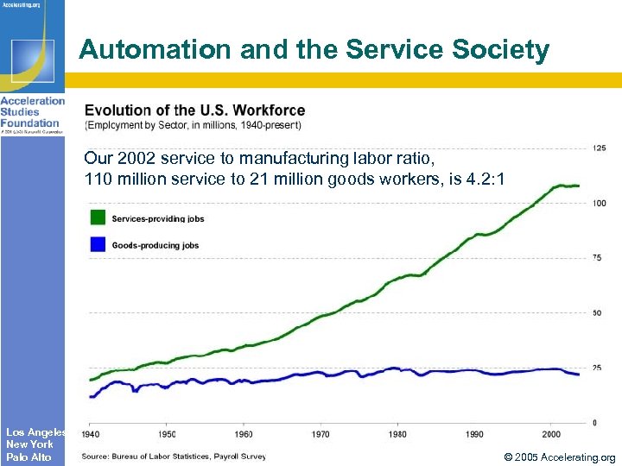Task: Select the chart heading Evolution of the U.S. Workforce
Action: pyautogui.click(x=194, y=110)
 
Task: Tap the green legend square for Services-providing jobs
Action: pyautogui.click(x=98, y=217)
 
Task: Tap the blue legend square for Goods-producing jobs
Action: pyautogui.click(x=98, y=244)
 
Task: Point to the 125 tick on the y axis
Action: pyautogui.click(x=599, y=148)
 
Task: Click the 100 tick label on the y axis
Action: pyautogui.click(x=599, y=203)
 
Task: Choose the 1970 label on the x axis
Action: pyautogui.click(x=321, y=433)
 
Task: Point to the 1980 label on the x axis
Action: pyautogui.click(x=397, y=433)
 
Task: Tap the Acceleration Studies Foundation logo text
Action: pyautogui.click(x=32, y=111)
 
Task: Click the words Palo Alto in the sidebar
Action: pyautogui.click(x=29, y=457)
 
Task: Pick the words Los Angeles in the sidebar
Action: pyautogui.click(x=35, y=431)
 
